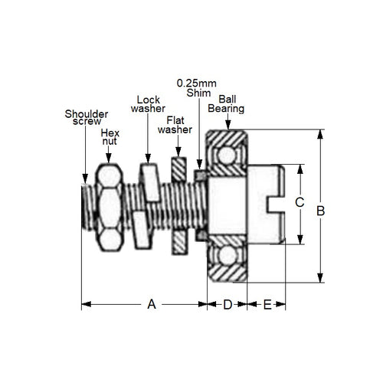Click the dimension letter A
(x=152, y=304)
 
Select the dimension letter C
(x=300, y=203)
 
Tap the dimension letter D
(x=227, y=304)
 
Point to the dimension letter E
(x=267, y=304)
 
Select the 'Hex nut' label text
(x=110, y=138)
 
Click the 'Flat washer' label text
(x=175, y=124)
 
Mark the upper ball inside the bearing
(x=228, y=156)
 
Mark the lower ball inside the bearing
(x=228, y=256)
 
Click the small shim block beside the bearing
(x=200, y=176)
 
